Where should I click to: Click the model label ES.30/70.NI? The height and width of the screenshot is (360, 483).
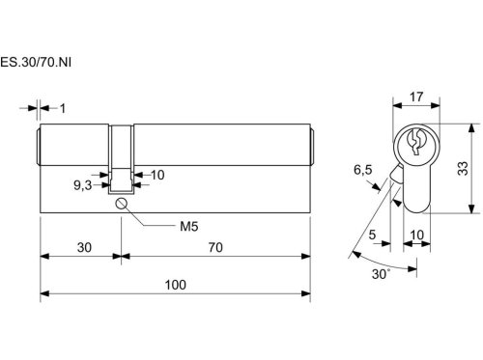[36, 62]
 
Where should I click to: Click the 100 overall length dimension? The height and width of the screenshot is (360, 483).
[176, 285]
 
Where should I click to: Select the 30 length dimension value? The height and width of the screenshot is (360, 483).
[84, 247]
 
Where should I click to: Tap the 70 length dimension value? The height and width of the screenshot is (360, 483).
[215, 247]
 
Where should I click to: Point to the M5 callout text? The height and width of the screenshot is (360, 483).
[189, 227]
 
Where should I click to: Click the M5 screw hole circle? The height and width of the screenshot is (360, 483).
[121, 204]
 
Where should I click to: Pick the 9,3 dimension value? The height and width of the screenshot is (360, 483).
[83, 185]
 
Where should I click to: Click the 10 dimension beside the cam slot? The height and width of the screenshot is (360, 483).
[157, 175]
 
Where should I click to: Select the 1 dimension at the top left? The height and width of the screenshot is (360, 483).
[63, 108]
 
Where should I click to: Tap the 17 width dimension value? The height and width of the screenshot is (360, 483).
[416, 97]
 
